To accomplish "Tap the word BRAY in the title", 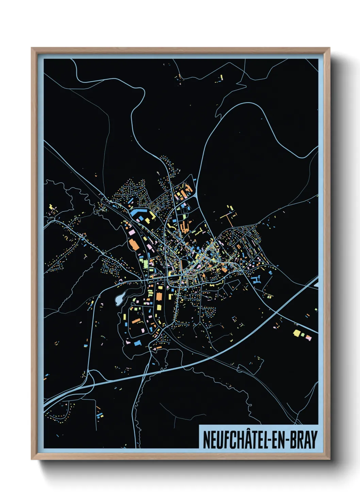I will point(304,440).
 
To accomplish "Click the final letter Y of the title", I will point(314,440).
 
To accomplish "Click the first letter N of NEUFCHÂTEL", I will point(206,440).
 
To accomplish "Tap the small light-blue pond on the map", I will point(119,299).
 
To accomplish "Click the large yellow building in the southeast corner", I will point(297,333).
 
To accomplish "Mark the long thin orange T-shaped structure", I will point(228,216).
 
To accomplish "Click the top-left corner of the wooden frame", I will point(32,49).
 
